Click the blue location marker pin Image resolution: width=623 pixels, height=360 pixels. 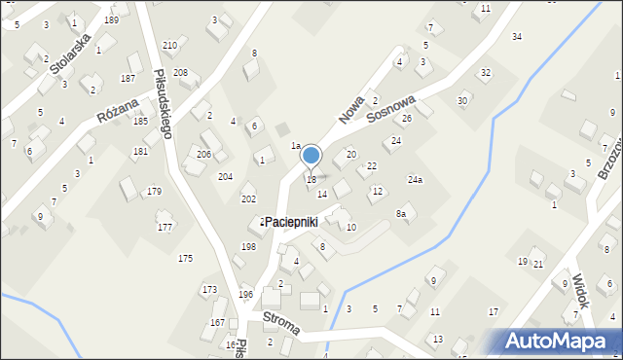pyautogui.click(x=311, y=157)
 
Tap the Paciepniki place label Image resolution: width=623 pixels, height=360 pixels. pyautogui.click(x=293, y=223)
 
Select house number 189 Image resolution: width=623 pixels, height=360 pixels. pyautogui.click(x=112, y=20)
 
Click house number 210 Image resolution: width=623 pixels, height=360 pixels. pyautogui.click(x=169, y=46)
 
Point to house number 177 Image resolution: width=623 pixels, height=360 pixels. pyautogui.click(x=165, y=228)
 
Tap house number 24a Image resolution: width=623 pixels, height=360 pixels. pyautogui.click(x=416, y=180)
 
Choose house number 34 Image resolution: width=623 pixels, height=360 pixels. pyautogui.click(x=517, y=37)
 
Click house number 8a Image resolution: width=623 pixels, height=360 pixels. pyautogui.click(x=400, y=214)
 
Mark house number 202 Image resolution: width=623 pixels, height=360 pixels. pyautogui.click(x=248, y=198)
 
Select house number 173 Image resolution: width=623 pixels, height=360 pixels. pyautogui.click(x=209, y=290)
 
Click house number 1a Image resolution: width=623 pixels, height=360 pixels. pyautogui.click(x=296, y=146)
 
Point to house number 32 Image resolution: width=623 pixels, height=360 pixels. pyautogui.click(x=486, y=73)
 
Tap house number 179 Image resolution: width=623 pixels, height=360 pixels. pyautogui.click(x=155, y=192)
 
